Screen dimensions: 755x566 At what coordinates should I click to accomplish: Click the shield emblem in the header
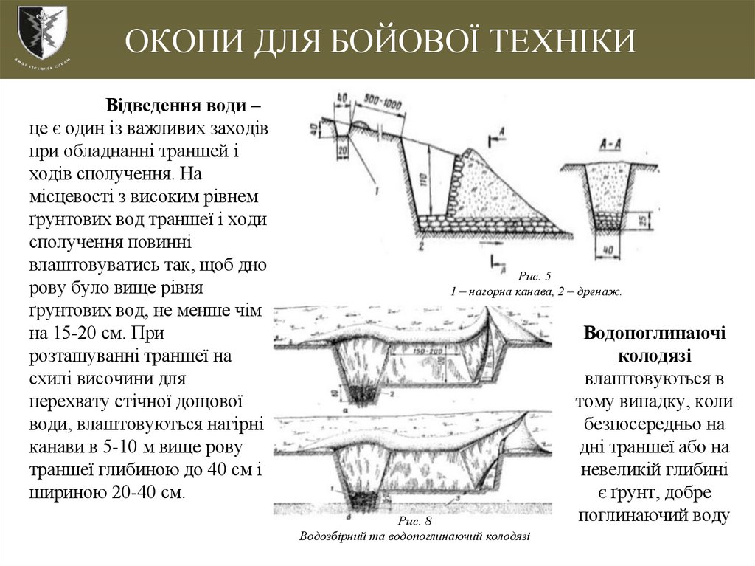point(41,32)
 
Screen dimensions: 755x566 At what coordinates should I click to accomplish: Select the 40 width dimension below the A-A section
point(609,251)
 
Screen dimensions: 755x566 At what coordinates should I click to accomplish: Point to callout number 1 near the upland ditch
point(376,190)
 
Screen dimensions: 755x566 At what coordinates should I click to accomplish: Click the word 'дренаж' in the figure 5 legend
point(600,291)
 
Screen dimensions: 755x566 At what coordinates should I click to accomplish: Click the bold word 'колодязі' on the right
point(655,356)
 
